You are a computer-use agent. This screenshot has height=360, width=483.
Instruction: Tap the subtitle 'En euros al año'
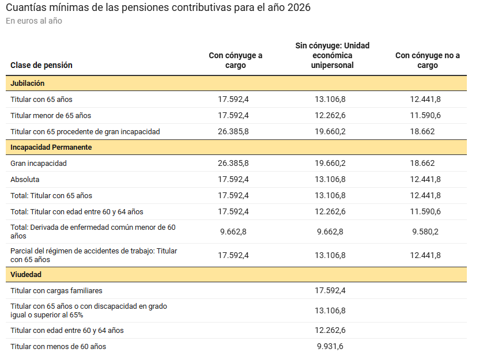click(34, 21)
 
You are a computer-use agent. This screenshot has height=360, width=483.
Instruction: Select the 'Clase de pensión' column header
click(41, 65)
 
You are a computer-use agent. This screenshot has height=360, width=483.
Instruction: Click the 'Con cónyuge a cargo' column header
click(235, 60)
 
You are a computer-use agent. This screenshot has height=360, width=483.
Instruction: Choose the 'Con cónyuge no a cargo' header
click(427, 60)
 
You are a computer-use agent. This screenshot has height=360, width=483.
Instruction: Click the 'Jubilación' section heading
click(28, 84)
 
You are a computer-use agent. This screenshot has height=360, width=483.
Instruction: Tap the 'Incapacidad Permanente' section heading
click(51, 147)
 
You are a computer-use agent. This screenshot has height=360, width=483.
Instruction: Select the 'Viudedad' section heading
click(26, 275)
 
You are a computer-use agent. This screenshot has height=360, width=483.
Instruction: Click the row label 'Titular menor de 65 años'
click(51, 115)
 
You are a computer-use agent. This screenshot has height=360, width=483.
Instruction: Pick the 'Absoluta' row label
click(25, 179)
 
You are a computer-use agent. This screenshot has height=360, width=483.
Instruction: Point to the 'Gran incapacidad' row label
click(39, 163)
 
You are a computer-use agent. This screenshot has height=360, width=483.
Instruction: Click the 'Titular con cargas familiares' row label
click(56, 291)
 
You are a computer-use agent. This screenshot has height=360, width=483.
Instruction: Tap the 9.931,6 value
click(330, 346)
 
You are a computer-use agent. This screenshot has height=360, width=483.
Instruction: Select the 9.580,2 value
click(425, 232)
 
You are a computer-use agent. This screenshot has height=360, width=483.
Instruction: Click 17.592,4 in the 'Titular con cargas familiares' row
click(330, 291)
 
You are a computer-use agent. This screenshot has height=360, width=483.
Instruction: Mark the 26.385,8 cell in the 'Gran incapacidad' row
click(233, 163)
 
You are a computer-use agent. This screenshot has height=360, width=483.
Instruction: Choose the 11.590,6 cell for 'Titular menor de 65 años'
click(425, 115)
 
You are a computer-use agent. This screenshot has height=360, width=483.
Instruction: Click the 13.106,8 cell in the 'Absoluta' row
click(330, 179)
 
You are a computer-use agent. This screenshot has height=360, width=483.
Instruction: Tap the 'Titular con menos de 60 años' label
click(58, 346)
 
